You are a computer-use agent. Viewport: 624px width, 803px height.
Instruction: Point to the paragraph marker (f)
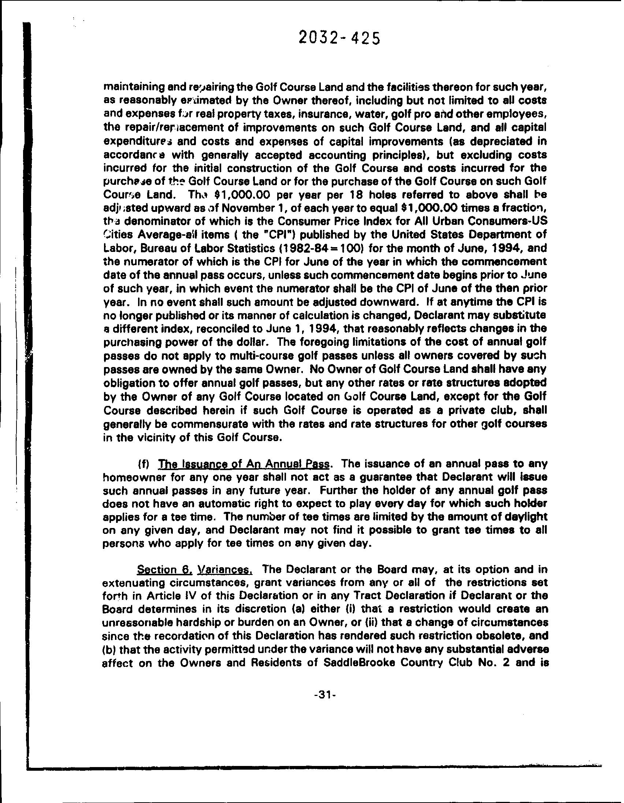coord(142,464)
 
